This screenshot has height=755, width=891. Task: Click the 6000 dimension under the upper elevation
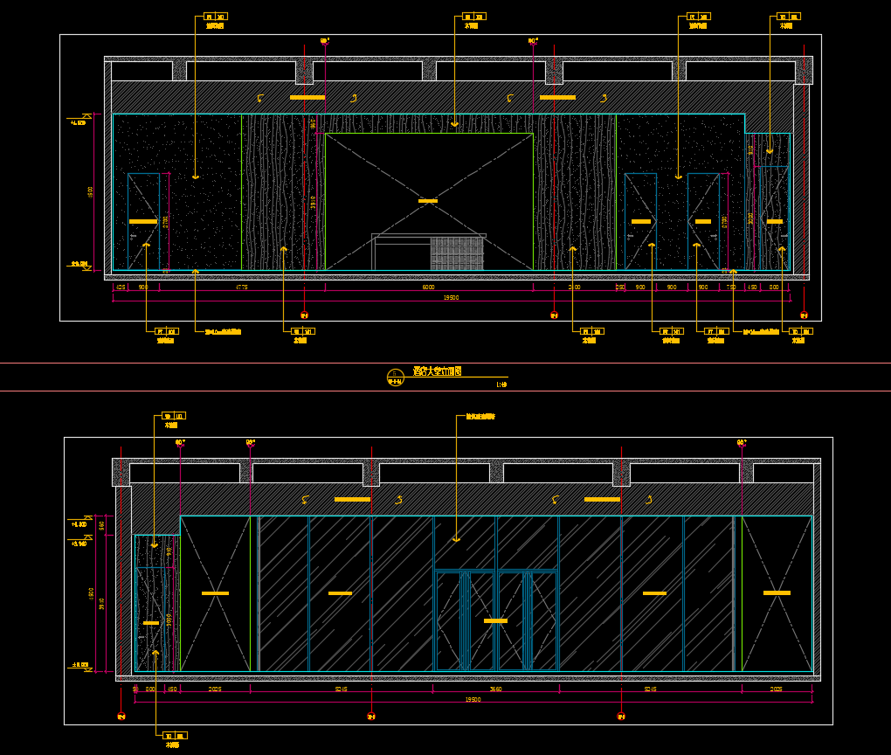428,287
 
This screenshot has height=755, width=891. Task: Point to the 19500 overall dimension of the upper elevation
451,297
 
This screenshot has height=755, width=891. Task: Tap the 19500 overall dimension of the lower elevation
473,699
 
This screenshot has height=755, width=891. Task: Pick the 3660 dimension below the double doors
495,689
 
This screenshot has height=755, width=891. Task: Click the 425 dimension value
121,287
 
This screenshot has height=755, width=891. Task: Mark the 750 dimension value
730,287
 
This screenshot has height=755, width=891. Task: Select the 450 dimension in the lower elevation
172,689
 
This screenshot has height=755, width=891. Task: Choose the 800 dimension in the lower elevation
150,689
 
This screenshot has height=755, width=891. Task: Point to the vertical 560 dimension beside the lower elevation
101,525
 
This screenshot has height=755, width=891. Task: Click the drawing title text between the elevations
437,371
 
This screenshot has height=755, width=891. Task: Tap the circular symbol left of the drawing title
395,377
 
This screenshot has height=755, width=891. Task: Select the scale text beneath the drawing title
501,384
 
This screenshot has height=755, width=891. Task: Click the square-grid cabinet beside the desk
457,253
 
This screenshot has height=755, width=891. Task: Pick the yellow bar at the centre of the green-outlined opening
428,201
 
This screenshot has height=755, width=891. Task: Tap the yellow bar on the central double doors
495,620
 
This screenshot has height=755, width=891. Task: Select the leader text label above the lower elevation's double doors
480,417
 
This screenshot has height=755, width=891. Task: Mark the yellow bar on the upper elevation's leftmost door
143,222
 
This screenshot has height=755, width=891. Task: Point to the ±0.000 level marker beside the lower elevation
80,666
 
